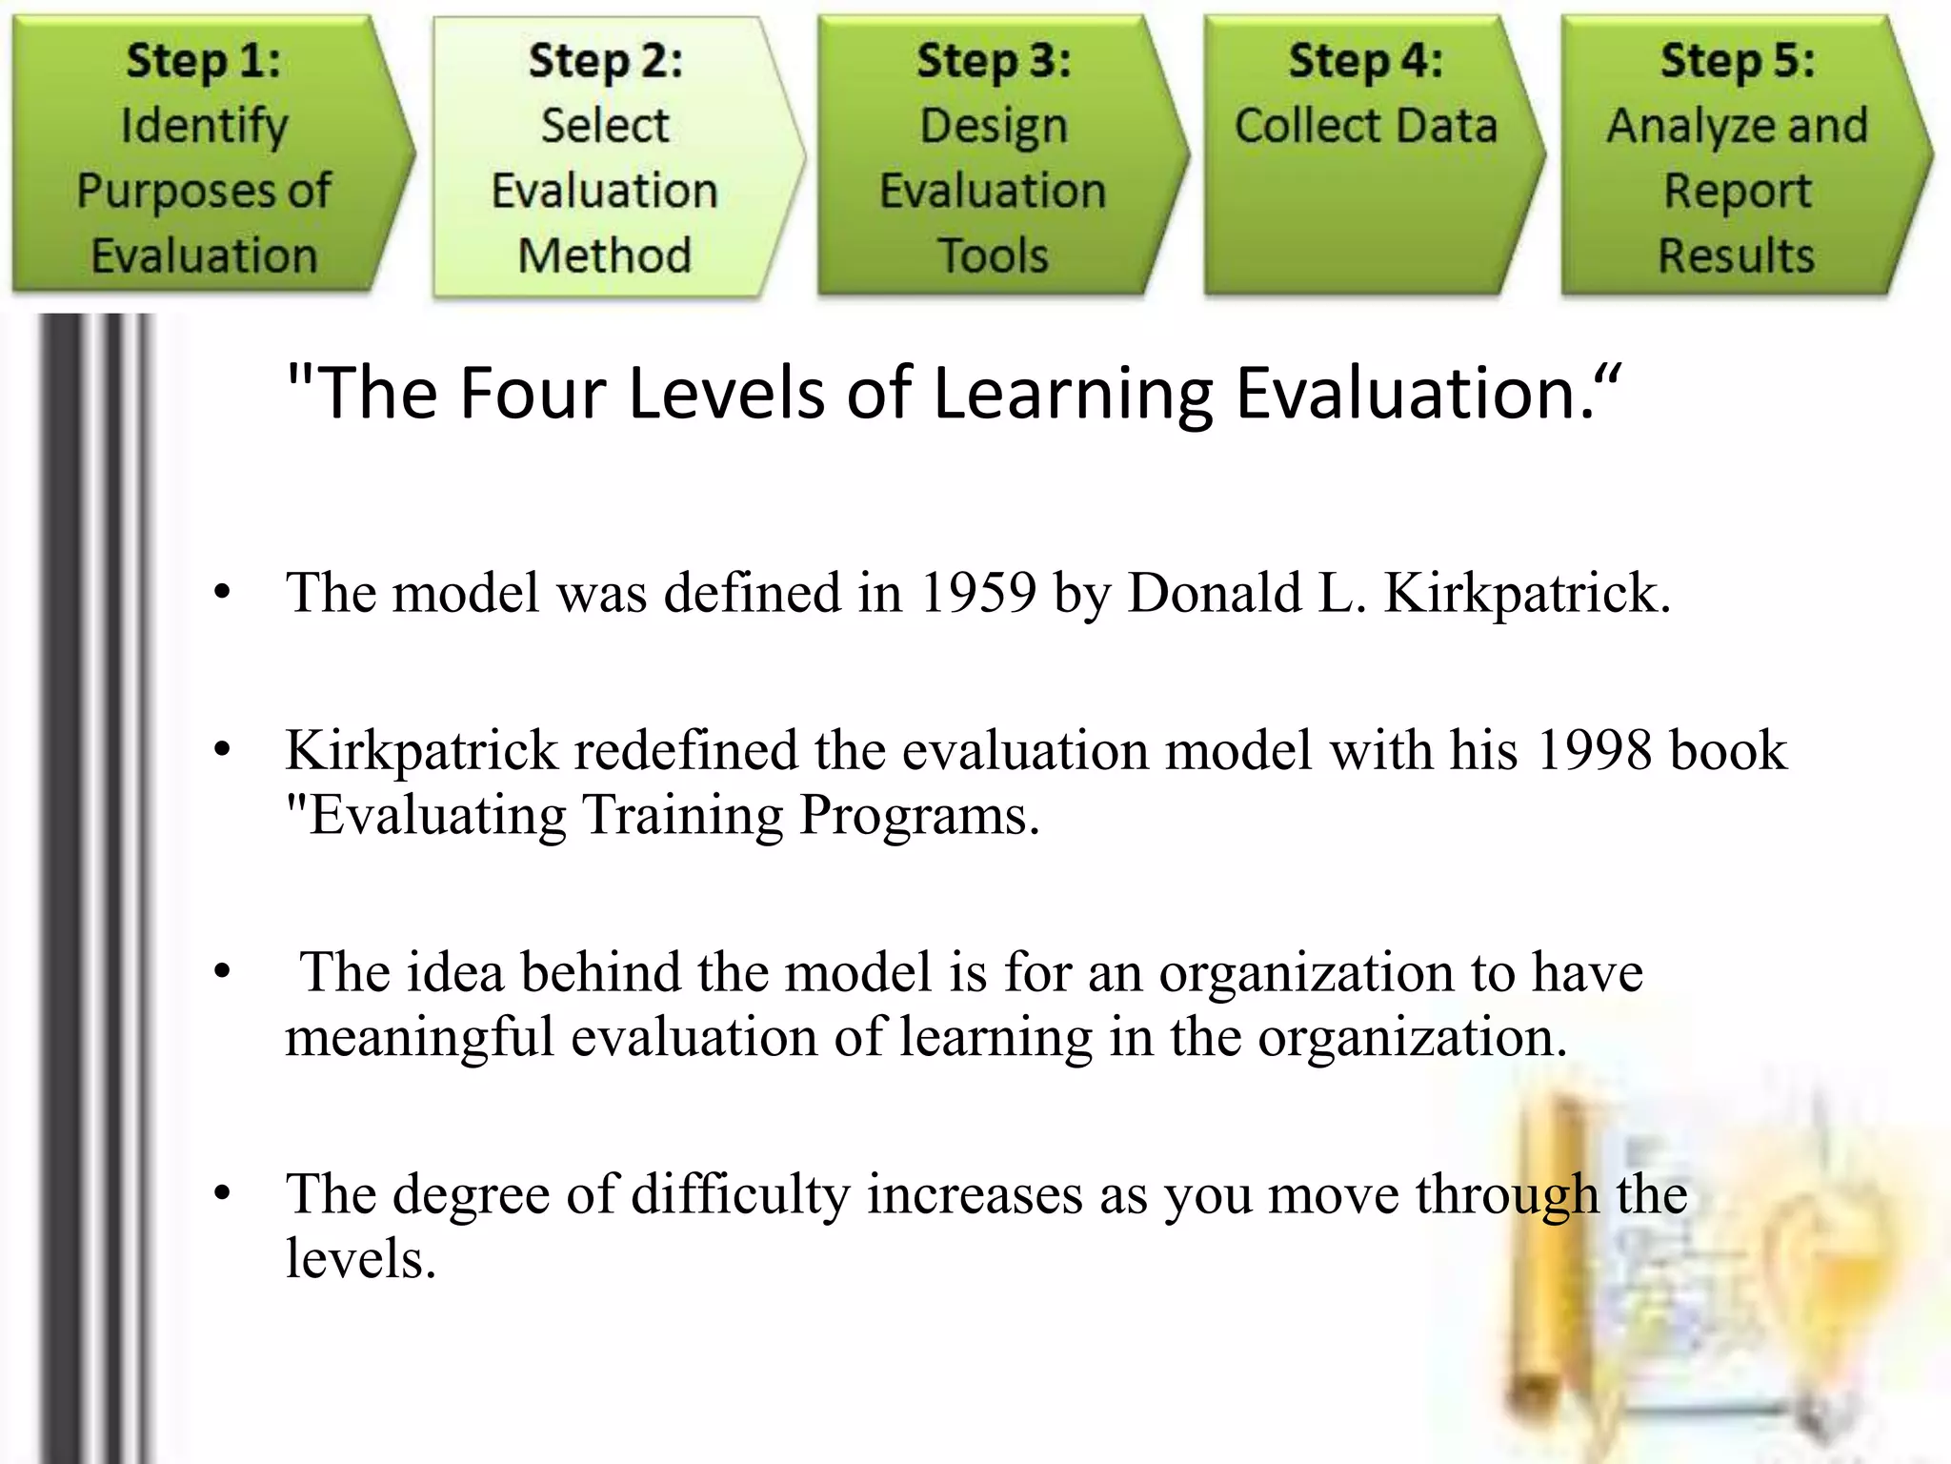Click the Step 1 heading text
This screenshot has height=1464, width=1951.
click(x=204, y=61)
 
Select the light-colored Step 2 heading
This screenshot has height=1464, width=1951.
click(x=606, y=61)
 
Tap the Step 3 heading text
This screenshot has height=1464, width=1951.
click(x=994, y=61)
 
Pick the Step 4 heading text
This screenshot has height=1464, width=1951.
click(x=1365, y=61)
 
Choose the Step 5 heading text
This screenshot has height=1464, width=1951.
click(x=1738, y=61)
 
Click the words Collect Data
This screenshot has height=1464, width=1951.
click(x=1366, y=126)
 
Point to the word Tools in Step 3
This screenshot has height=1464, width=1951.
click(x=993, y=255)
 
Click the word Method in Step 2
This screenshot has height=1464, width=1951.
click(x=605, y=255)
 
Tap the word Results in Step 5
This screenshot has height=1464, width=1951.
click(x=1737, y=255)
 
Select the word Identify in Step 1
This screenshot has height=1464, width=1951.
click(x=204, y=126)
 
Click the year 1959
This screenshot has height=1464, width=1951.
click(x=977, y=593)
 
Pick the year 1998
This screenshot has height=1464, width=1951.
click(x=1595, y=750)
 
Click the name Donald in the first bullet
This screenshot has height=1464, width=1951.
click(x=1215, y=593)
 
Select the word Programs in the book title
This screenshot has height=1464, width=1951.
click(x=918, y=815)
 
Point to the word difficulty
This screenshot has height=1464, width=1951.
click(x=739, y=1194)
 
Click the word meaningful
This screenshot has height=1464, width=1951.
click(x=419, y=1037)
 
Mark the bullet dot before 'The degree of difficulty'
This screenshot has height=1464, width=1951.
click(x=223, y=1193)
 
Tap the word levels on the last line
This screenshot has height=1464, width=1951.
click(x=360, y=1259)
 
